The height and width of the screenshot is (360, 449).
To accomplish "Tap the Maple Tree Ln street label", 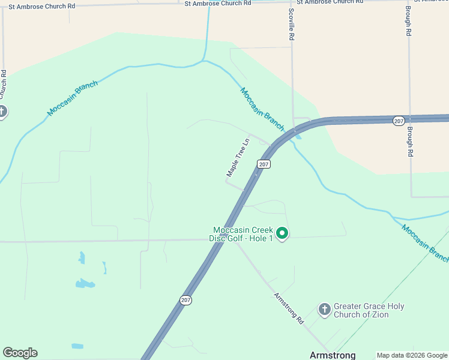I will (x=238, y=158).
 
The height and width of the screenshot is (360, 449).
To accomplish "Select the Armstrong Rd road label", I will (x=289, y=308).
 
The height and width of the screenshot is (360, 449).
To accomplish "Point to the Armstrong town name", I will (x=333, y=355).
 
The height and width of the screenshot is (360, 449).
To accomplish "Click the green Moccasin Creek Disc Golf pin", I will (x=282, y=233).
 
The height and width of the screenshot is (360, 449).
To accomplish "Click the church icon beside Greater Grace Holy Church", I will (x=324, y=310).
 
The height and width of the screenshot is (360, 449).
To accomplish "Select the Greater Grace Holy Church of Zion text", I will (x=369, y=310).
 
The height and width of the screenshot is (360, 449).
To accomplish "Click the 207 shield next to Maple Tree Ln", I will (x=264, y=164).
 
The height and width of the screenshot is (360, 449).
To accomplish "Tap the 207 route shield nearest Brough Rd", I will (x=399, y=121).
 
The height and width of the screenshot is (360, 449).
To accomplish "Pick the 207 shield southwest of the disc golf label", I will (x=186, y=299).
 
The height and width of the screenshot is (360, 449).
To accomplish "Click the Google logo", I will (x=20, y=353).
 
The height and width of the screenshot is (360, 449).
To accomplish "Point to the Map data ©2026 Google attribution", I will (x=412, y=355).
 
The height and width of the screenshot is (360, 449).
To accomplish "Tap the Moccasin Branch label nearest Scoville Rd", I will (x=262, y=109).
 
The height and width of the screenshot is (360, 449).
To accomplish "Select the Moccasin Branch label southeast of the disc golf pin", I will (x=425, y=243).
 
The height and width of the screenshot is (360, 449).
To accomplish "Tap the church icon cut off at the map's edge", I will (x=2, y=112).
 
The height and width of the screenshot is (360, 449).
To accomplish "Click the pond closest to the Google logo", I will (x=77, y=346).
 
